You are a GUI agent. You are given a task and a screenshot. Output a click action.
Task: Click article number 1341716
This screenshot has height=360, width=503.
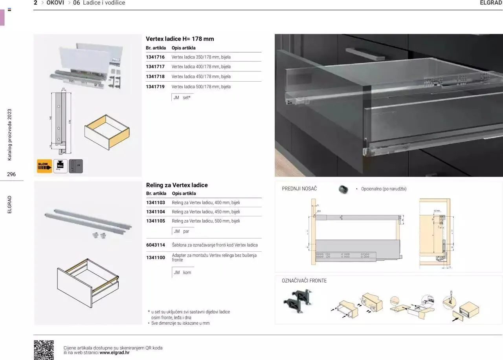(x=155, y=57)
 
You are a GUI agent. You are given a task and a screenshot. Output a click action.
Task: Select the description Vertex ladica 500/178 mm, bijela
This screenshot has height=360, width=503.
(x=201, y=87)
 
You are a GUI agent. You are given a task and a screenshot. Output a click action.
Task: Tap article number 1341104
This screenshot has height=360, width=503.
(x=156, y=212)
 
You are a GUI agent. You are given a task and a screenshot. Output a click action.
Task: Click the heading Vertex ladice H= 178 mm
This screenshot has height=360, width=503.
(x=180, y=39)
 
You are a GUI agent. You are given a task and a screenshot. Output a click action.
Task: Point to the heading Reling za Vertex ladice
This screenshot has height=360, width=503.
(x=177, y=185)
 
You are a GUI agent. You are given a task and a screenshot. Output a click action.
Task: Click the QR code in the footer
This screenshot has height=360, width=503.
(x=44, y=350)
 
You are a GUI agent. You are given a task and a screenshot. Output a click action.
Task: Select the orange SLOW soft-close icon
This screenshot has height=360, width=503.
(x=44, y=166)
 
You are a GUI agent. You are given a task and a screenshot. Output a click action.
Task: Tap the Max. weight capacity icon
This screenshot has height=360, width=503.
(x=60, y=166)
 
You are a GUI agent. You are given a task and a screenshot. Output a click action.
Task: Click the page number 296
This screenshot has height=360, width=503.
(x=11, y=174)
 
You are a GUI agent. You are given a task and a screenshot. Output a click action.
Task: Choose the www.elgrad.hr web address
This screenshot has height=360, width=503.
(x=114, y=353)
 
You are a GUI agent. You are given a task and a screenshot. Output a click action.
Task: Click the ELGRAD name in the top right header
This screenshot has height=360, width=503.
(x=491, y=3)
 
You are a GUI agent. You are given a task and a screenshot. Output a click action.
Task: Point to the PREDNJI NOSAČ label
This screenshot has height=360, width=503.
(x=299, y=189)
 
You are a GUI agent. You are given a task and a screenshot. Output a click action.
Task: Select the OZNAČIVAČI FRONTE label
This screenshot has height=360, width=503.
(x=304, y=281)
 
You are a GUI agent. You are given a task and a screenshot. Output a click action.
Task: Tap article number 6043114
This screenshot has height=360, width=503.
(x=156, y=245)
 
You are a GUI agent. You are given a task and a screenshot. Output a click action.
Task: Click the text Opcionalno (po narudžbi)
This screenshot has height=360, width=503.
(x=384, y=189)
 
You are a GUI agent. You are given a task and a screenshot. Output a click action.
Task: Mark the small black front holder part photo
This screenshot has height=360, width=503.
(x=343, y=189)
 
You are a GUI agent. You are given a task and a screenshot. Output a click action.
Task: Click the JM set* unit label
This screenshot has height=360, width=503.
(x=182, y=98)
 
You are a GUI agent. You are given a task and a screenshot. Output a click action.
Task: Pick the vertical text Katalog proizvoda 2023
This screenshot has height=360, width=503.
(x=10, y=135)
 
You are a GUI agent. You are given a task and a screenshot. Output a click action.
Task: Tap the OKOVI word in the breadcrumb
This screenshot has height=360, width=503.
(x=55, y=3)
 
